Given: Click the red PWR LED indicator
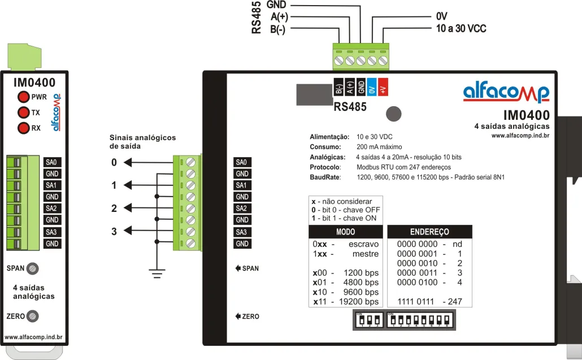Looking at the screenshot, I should tap(24, 97).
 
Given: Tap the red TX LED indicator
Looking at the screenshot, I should tap(24, 112).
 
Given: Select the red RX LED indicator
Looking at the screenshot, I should tap(24, 128).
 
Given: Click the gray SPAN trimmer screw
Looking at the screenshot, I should tap(33, 268).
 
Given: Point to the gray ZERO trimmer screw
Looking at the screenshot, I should tap(33, 315).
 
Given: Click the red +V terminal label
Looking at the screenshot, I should tap(383, 88).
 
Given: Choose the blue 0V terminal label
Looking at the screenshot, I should tap(372, 88).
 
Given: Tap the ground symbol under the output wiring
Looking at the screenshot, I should tap(157, 275).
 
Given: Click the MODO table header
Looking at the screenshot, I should tap(345, 232).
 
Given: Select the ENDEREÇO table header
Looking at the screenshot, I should tap(429, 232).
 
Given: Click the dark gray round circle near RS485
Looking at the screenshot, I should tap(394, 113).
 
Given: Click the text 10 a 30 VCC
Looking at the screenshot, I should tap(461, 28).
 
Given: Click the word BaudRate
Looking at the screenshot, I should tap(325, 177).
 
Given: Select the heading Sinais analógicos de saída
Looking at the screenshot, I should tap(142, 142).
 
